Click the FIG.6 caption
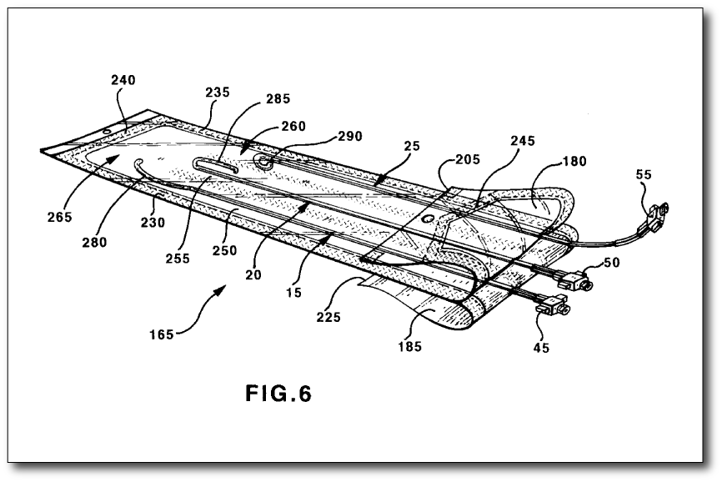[x=278, y=393]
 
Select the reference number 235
[x=218, y=93]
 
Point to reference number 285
[x=278, y=98]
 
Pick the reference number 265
[x=60, y=217]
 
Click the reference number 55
[x=643, y=176]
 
